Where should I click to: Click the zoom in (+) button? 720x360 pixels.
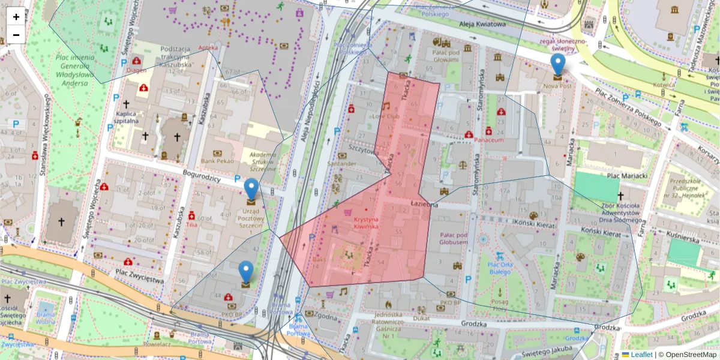16,17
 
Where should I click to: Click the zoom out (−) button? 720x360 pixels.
16,35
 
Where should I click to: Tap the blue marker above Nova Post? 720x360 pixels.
558,65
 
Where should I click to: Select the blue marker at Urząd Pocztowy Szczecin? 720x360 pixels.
251,190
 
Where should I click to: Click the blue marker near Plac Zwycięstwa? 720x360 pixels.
246,272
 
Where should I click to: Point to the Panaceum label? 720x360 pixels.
488,140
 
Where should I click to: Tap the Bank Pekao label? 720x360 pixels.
217,161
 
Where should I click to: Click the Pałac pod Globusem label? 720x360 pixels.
453,238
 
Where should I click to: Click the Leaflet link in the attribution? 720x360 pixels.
641,355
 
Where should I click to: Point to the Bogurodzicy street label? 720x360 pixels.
203,179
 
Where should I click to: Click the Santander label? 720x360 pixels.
343,163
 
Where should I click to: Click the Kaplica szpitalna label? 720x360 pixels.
128,116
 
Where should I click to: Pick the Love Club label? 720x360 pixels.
386,116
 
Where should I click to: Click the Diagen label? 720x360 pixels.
136,70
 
